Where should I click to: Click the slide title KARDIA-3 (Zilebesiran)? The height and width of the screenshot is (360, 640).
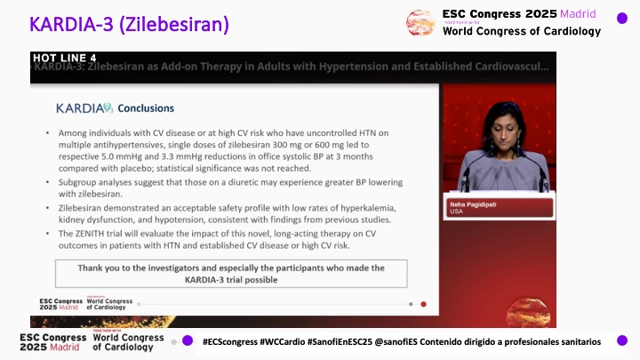pos(130,24)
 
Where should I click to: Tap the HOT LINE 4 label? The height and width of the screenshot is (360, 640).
pos(64,59)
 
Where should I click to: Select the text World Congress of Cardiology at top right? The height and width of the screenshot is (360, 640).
pos(521,32)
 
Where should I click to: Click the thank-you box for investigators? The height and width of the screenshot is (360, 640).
pos(231,273)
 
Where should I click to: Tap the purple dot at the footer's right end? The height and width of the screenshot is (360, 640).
pos(622,340)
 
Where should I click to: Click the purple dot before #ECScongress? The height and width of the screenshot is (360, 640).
pos(188,340)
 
